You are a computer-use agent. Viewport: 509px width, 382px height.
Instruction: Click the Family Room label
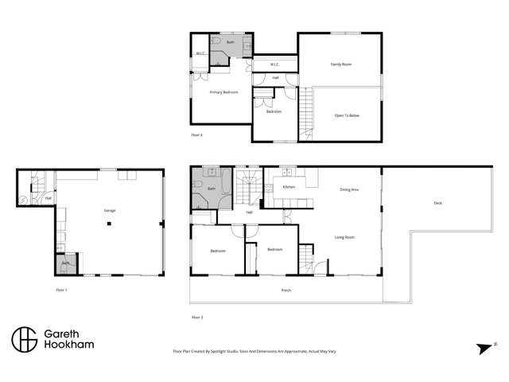[x=341, y=64]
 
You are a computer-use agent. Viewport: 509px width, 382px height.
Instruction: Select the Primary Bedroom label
[x=223, y=92]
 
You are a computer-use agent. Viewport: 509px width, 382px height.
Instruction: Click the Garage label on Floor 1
[x=110, y=210]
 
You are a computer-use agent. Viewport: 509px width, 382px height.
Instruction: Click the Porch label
[x=286, y=290]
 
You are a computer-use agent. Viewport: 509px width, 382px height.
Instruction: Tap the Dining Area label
[x=349, y=189]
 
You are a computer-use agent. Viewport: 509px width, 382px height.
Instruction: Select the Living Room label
[x=344, y=237]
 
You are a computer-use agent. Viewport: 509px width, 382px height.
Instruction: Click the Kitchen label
[x=289, y=188]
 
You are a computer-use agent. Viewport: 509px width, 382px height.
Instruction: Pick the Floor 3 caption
[x=197, y=135]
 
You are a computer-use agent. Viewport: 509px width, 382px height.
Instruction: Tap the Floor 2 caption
[x=197, y=317]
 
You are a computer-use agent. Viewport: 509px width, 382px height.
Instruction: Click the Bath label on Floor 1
[x=66, y=263]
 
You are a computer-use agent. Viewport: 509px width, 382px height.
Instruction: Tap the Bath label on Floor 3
[x=231, y=41]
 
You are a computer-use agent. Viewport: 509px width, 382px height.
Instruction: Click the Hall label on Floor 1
[x=49, y=198]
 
